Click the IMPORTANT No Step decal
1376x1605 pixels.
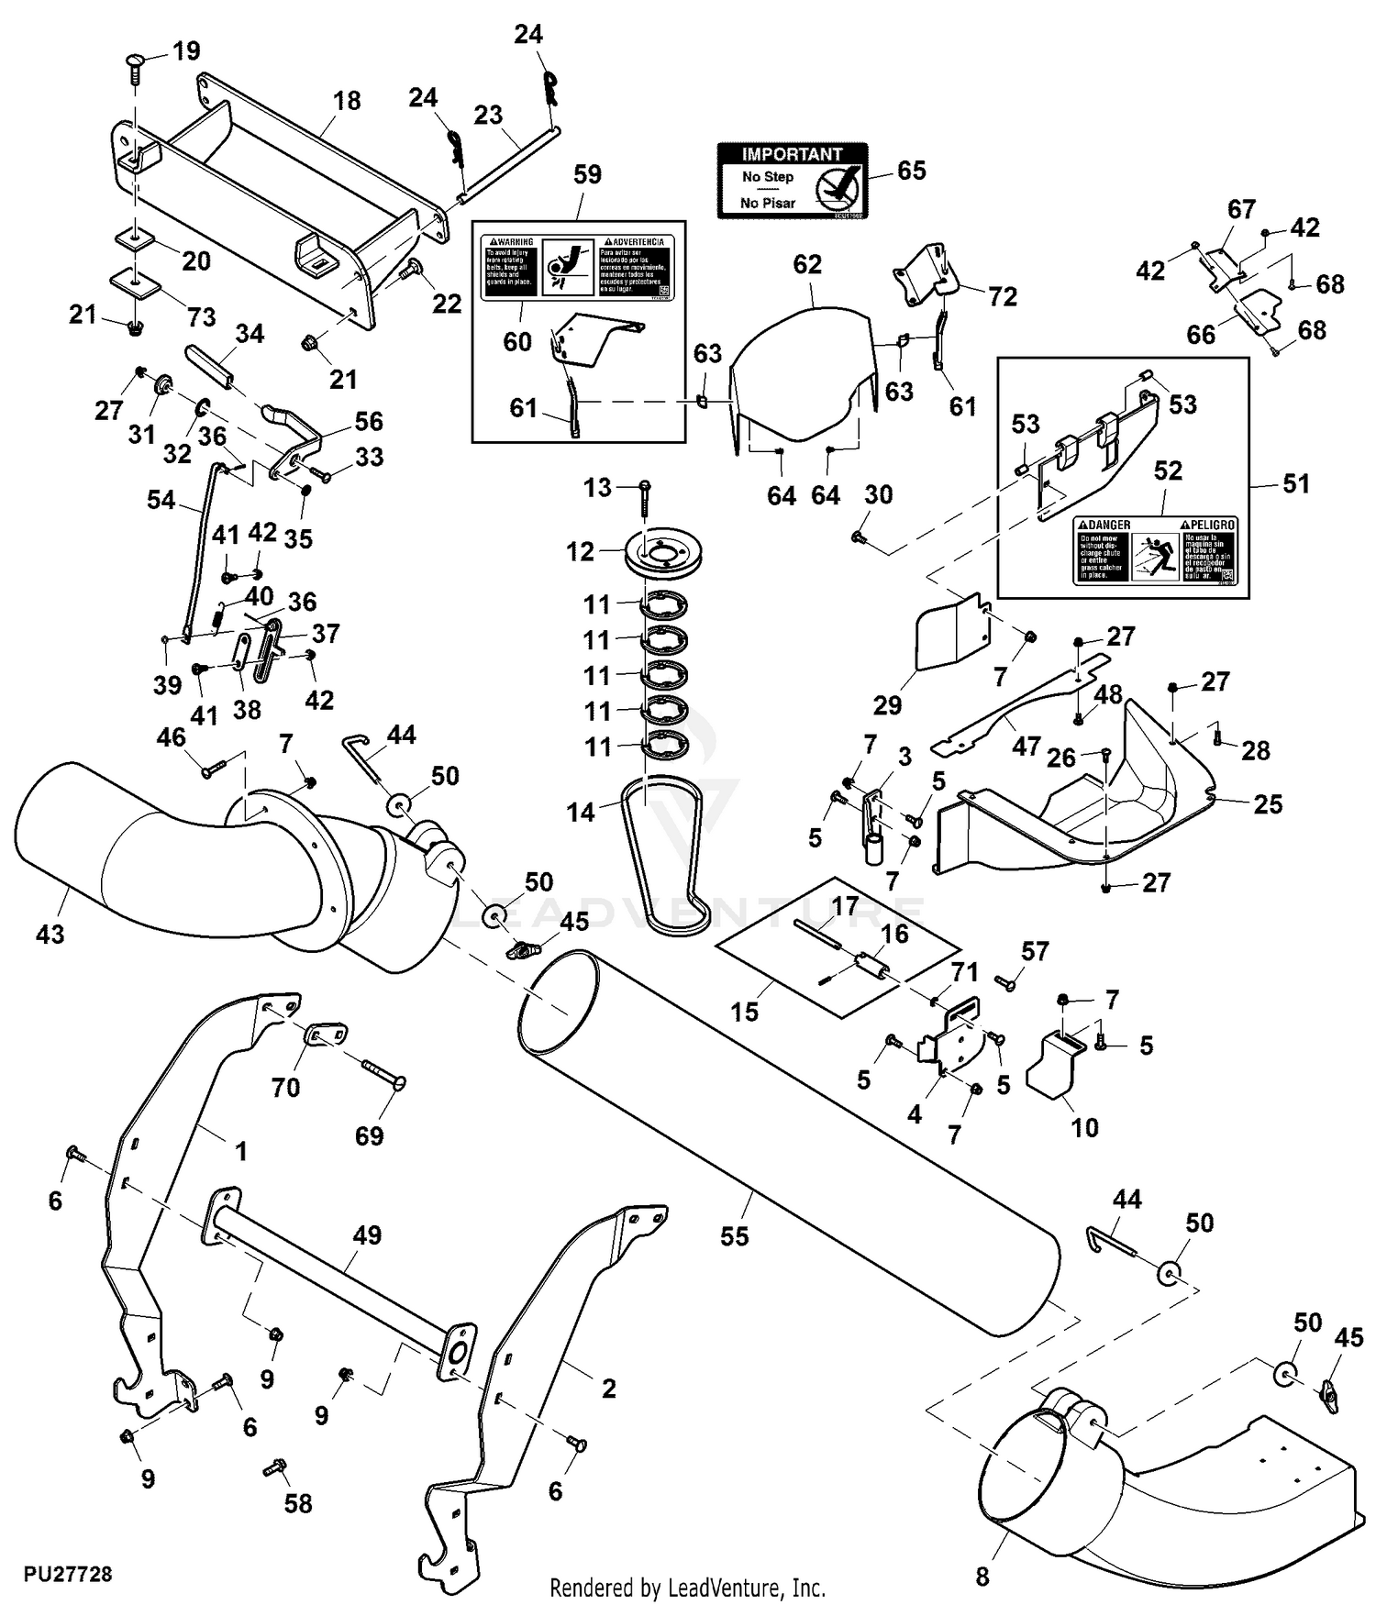point(792,180)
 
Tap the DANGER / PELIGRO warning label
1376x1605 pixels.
point(1155,550)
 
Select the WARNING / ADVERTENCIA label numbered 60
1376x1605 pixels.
point(578,266)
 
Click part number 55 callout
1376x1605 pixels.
point(734,1236)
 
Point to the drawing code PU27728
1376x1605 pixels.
point(68,1574)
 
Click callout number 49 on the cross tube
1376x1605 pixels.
point(367,1234)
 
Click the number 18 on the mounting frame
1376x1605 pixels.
point(347,100)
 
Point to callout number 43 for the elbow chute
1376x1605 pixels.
point(50,934)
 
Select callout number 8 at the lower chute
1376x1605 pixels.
point(982,1577)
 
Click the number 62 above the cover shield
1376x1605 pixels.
point(807,264)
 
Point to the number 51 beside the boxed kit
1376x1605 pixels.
point(1295,483)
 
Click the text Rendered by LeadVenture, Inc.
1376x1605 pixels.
point(687,1587)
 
